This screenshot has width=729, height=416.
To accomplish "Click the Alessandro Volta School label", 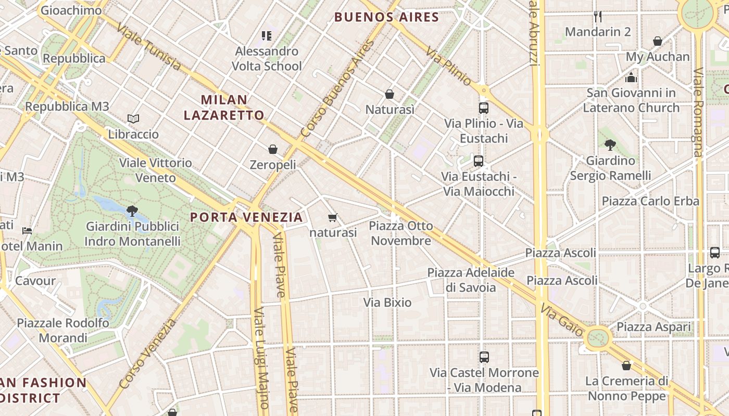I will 267,58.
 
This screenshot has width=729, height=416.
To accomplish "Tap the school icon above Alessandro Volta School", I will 267,36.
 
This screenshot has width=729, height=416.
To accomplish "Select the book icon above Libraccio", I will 133,119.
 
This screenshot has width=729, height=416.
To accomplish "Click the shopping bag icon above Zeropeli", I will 273,150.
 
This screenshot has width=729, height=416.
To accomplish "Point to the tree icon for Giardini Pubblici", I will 132,211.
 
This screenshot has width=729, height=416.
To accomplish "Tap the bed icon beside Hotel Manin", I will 27,230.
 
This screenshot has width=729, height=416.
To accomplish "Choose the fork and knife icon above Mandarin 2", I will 598,17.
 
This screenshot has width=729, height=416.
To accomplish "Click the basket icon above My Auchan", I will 658,41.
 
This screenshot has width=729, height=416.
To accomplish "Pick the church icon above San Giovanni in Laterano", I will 631,78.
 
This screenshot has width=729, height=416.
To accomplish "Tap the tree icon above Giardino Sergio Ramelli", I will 610,145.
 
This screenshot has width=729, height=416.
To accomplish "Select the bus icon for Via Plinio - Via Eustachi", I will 484,108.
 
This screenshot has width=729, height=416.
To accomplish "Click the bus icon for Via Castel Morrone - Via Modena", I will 484,357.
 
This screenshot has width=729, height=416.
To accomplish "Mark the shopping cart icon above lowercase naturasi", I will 333,217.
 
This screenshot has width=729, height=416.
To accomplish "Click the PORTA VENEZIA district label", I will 246,217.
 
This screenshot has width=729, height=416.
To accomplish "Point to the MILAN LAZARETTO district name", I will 224,107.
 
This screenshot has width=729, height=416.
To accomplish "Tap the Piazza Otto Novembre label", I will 401,233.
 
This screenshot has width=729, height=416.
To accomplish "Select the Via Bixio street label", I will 387,303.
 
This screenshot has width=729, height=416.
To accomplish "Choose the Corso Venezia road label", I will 148,354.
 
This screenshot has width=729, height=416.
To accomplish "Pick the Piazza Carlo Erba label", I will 650,201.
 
